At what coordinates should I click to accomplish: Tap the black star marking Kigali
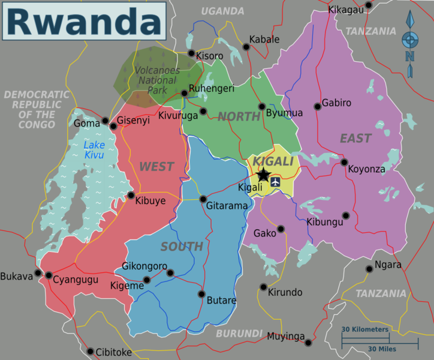263,175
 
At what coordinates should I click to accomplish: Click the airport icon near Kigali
276,181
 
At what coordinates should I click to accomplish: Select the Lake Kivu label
94,150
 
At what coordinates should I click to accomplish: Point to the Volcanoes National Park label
156,80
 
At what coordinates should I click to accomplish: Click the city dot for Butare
202,294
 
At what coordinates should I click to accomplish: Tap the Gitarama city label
227,206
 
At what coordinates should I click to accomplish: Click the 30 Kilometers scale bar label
365,329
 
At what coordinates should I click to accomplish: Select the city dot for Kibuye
131,195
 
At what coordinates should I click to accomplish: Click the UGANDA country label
222,11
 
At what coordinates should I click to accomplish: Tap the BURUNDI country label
239,333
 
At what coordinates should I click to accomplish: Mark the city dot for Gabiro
317,107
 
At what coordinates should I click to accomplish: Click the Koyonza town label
366,169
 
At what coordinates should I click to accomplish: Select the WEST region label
156,167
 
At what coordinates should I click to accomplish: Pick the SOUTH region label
182,247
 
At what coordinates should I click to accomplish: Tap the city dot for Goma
106,121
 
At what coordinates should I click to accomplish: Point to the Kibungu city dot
345,215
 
